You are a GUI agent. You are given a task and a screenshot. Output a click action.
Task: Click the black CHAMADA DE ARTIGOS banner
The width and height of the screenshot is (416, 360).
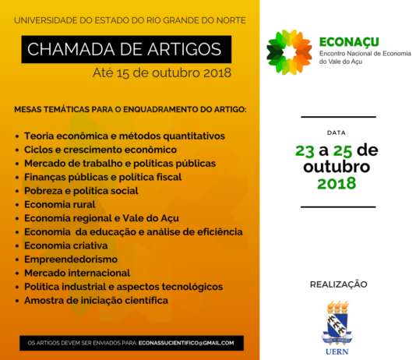pos(126,49)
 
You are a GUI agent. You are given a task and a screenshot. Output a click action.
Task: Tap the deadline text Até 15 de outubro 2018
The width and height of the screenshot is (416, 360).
pos(162,73)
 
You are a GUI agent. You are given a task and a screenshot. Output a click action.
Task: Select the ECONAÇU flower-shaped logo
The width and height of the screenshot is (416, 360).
pos(289,52)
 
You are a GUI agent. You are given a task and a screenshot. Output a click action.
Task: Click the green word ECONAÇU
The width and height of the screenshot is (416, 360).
pos(349,42)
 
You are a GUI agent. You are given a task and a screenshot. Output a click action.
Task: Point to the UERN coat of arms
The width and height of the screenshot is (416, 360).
pos(337,323)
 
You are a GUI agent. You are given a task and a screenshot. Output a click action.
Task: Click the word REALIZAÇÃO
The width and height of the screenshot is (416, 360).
pos(339,284)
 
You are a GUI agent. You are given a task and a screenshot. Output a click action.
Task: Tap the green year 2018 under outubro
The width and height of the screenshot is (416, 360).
pos(337,184)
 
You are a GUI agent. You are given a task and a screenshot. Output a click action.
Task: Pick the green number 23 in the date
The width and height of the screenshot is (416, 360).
pos(305,150)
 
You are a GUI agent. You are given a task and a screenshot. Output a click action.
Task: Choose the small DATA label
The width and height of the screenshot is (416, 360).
pos(337,132)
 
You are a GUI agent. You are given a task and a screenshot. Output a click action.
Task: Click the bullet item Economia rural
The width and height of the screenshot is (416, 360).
pos(60,204)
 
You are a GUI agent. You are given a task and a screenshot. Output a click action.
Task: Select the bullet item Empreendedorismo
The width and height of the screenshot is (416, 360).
pos(71,259)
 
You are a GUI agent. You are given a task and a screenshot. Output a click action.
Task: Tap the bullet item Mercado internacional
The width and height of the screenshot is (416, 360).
pos(77,273)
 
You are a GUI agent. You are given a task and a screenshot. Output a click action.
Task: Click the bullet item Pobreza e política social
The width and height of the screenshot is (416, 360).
pos(81,191)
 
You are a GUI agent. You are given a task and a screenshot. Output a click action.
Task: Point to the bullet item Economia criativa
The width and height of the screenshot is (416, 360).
pos(66,245)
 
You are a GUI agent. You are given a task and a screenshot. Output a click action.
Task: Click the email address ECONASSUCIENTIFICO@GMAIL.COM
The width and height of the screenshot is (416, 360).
pos(186,343)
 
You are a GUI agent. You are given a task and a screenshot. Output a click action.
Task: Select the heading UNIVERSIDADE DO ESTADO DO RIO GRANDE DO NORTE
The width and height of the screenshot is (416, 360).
pos(130,20)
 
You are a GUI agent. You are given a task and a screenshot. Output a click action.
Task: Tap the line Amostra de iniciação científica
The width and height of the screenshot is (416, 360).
pos(96,300)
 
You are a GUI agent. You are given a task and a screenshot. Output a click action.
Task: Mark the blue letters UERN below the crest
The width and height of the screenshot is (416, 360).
pos(337,351)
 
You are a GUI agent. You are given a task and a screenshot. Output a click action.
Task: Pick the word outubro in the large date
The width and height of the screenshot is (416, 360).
pos(337,167)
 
